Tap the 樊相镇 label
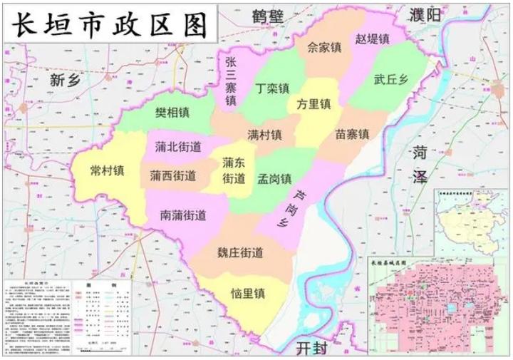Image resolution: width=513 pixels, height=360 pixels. pos(172,113)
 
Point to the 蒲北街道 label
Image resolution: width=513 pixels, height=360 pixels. pos(177,147)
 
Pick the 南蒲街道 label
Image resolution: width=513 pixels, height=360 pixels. pos(183,213)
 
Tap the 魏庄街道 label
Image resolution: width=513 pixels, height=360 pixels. pos(240,252)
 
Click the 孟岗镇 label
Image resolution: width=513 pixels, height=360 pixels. pos(274,178)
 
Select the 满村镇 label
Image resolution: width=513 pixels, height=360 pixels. pos(264,134)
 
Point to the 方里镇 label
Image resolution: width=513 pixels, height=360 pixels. pos(314,103)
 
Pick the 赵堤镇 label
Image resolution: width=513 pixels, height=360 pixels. pos(373,38)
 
